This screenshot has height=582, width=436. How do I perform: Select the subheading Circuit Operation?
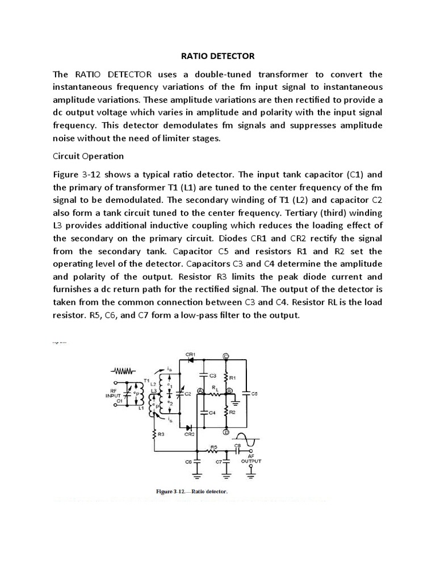click(88, 156)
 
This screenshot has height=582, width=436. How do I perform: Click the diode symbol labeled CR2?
click(188, 426)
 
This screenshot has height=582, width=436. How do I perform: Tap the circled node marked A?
click(200, 391)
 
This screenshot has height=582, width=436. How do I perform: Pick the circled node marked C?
click(225, 356)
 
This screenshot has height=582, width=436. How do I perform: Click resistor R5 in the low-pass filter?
click(214, 451)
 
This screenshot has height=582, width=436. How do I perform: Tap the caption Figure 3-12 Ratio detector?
click(192, 491)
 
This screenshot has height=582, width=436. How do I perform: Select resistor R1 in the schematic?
click(226, 376)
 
